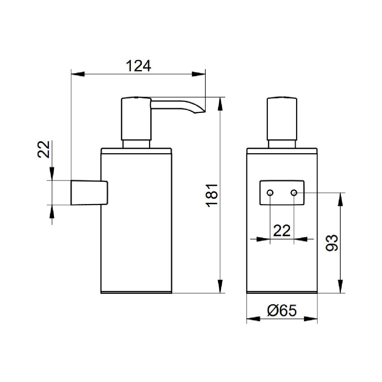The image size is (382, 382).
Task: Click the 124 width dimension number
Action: (138, 66)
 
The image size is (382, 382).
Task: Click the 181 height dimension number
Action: (212, 196)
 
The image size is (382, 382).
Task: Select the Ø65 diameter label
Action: (282, 310)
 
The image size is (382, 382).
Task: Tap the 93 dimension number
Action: (332, 243)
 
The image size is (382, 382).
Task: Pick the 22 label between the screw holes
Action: (282, 231)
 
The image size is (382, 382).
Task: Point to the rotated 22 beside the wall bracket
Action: (43, 149)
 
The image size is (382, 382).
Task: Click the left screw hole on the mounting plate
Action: (270, 193)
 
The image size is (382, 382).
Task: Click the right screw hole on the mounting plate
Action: (294, 193)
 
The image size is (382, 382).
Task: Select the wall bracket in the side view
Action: (89, 193)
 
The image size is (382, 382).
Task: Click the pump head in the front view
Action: (282, 119)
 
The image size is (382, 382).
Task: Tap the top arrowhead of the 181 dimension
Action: (220, 104)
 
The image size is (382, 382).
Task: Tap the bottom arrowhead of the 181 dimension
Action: (220, 286)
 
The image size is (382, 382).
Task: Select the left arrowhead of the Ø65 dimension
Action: (253, 319)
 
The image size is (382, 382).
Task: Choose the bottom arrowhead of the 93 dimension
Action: (340, 286)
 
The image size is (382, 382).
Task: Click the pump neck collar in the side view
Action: (136, 144)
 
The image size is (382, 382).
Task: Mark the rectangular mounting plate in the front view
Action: (282, 193)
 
